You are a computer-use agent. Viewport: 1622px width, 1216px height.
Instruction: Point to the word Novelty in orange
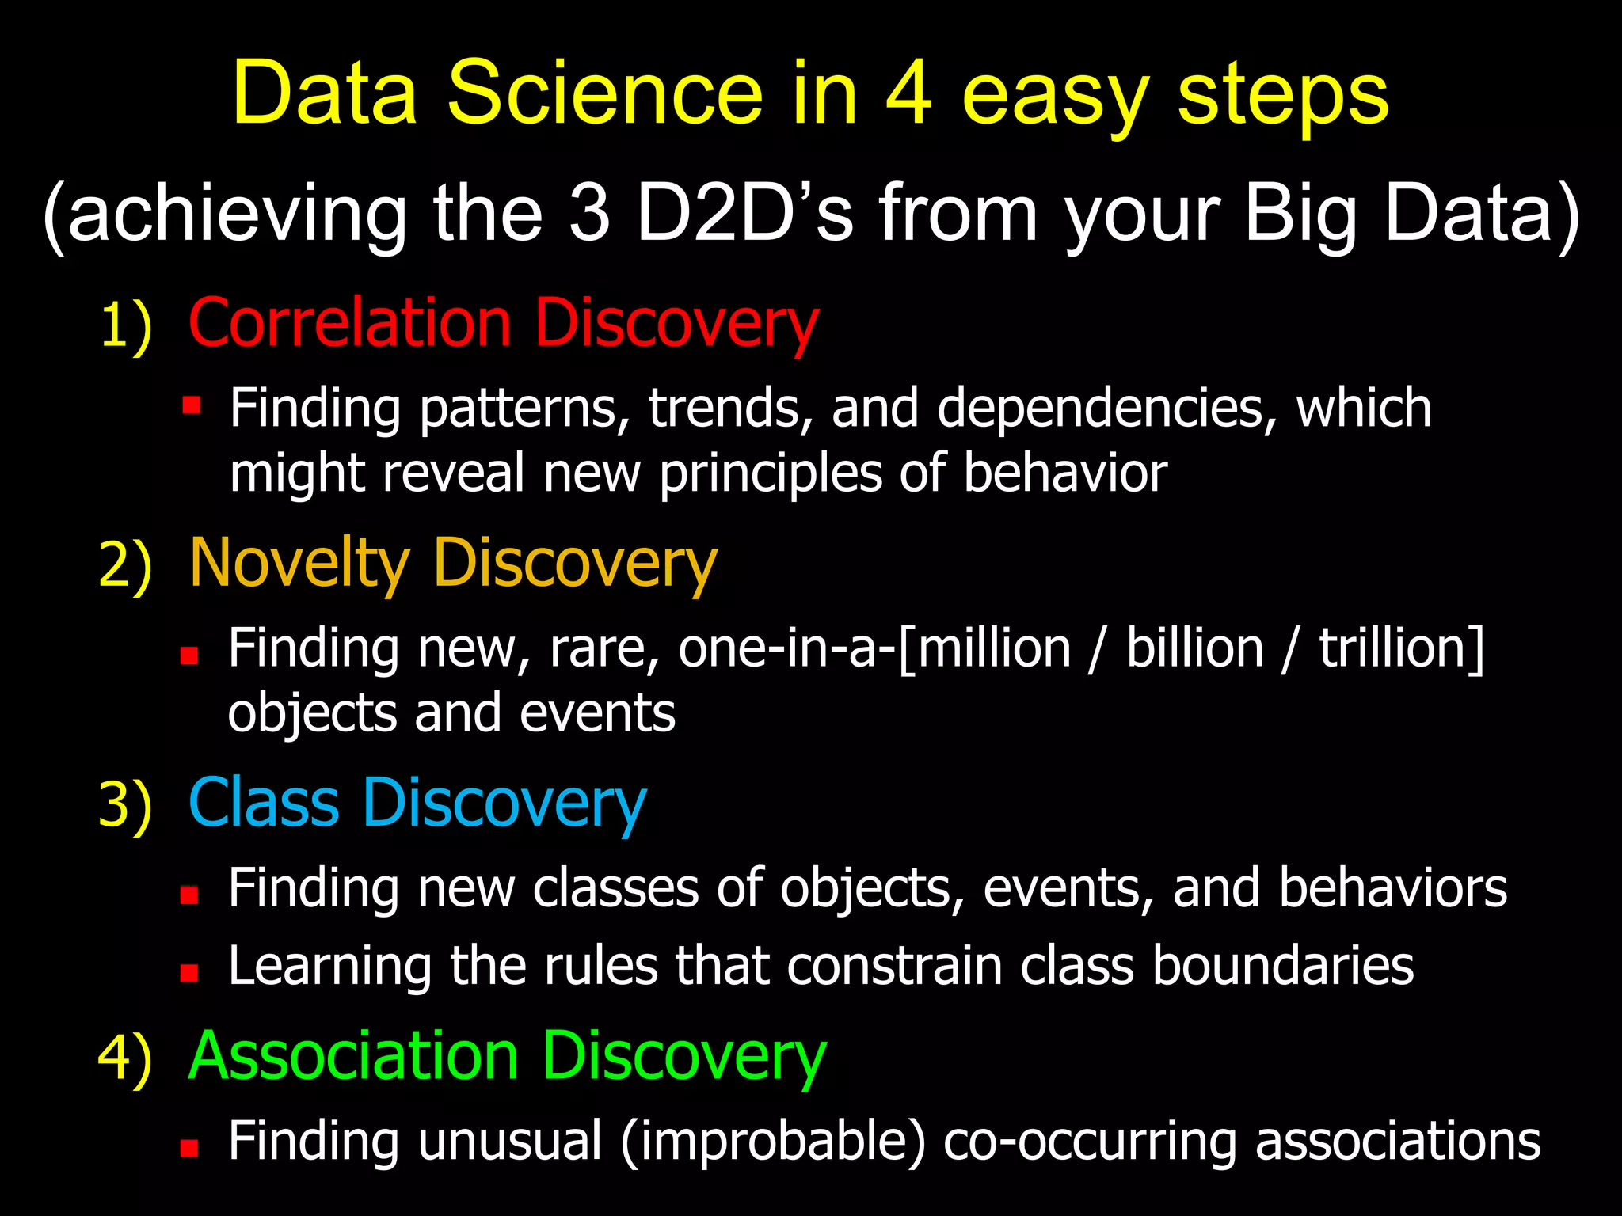(x=299, y=563)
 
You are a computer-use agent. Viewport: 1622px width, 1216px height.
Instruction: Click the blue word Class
(x=263, y=803)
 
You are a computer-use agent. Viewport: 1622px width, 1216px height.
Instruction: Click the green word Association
(x=353, y=1056)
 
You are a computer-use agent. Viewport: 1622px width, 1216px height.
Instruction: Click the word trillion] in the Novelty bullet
(x=1400, y=649)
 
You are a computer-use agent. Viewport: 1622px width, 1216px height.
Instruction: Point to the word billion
(x=1194, y=649)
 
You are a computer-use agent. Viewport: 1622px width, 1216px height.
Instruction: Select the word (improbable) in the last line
(x=773, y=1142)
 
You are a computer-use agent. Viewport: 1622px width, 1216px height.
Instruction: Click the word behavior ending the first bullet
(x=1064, y=473)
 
